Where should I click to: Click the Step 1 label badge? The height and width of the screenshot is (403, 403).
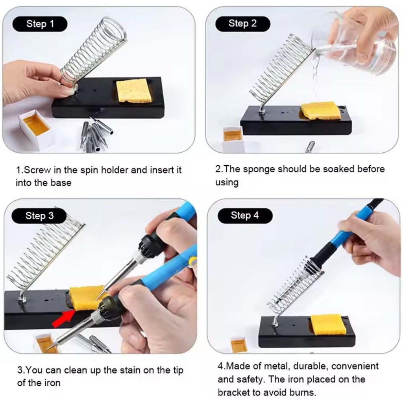pyautogui.click(x=40, y=24)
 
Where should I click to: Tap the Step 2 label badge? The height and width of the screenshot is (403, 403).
pyautogui.click(x=242, y=24)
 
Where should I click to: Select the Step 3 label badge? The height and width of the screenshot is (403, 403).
pyautogui.click(x=39, y=216)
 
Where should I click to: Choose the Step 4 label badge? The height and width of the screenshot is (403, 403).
pyautogui.click(x=245, y=215)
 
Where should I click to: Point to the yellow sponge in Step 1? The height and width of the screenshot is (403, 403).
pyautogui.click(x=134, y=91)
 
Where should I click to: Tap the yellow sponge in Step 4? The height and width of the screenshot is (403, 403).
pyautogui.click(x=329, y=324)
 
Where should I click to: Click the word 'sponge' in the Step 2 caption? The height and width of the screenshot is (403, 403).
pyautogui.click(x=259, y=169)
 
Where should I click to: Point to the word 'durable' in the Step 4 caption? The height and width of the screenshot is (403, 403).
pyautogui.click(x=308, y=366)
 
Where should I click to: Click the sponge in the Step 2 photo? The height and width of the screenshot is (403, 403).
pyautogui.click(x=321, y=110)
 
